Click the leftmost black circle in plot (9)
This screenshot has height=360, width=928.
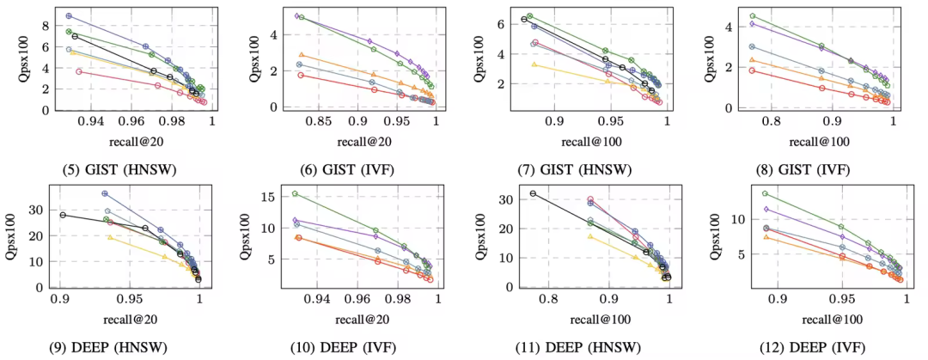tap(63, 215)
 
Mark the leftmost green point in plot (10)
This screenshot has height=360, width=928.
tap(295, 193)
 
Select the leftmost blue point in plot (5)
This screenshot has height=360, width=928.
tap(69, 15)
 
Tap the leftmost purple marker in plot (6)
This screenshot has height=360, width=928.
tap(297, 15)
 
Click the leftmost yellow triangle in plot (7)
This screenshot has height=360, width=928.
tap(534, 64)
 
